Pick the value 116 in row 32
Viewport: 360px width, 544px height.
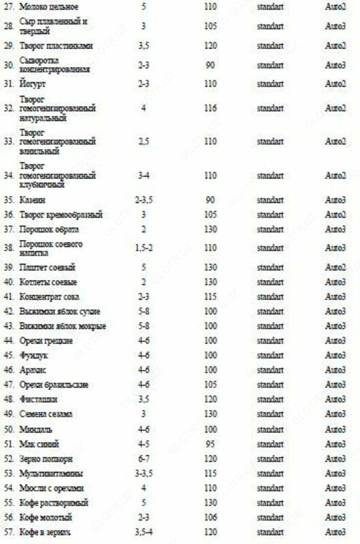pos(210,108)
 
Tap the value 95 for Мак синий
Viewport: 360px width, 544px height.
pos(210,443)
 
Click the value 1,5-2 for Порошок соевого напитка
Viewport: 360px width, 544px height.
pos(144,248)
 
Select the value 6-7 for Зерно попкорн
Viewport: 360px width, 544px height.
pos(144,458)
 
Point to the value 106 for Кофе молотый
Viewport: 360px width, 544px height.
pos(210,517)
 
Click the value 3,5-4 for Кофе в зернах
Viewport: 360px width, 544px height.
pos(144,532)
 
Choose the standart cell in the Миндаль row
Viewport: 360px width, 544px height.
pos(271,429)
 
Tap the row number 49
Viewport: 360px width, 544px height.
pos(10,414)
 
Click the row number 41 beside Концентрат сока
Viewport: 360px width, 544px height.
pos(10,296)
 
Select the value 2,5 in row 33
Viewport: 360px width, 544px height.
pos(144,141)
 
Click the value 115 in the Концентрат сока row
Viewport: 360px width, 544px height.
pos(210,296)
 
